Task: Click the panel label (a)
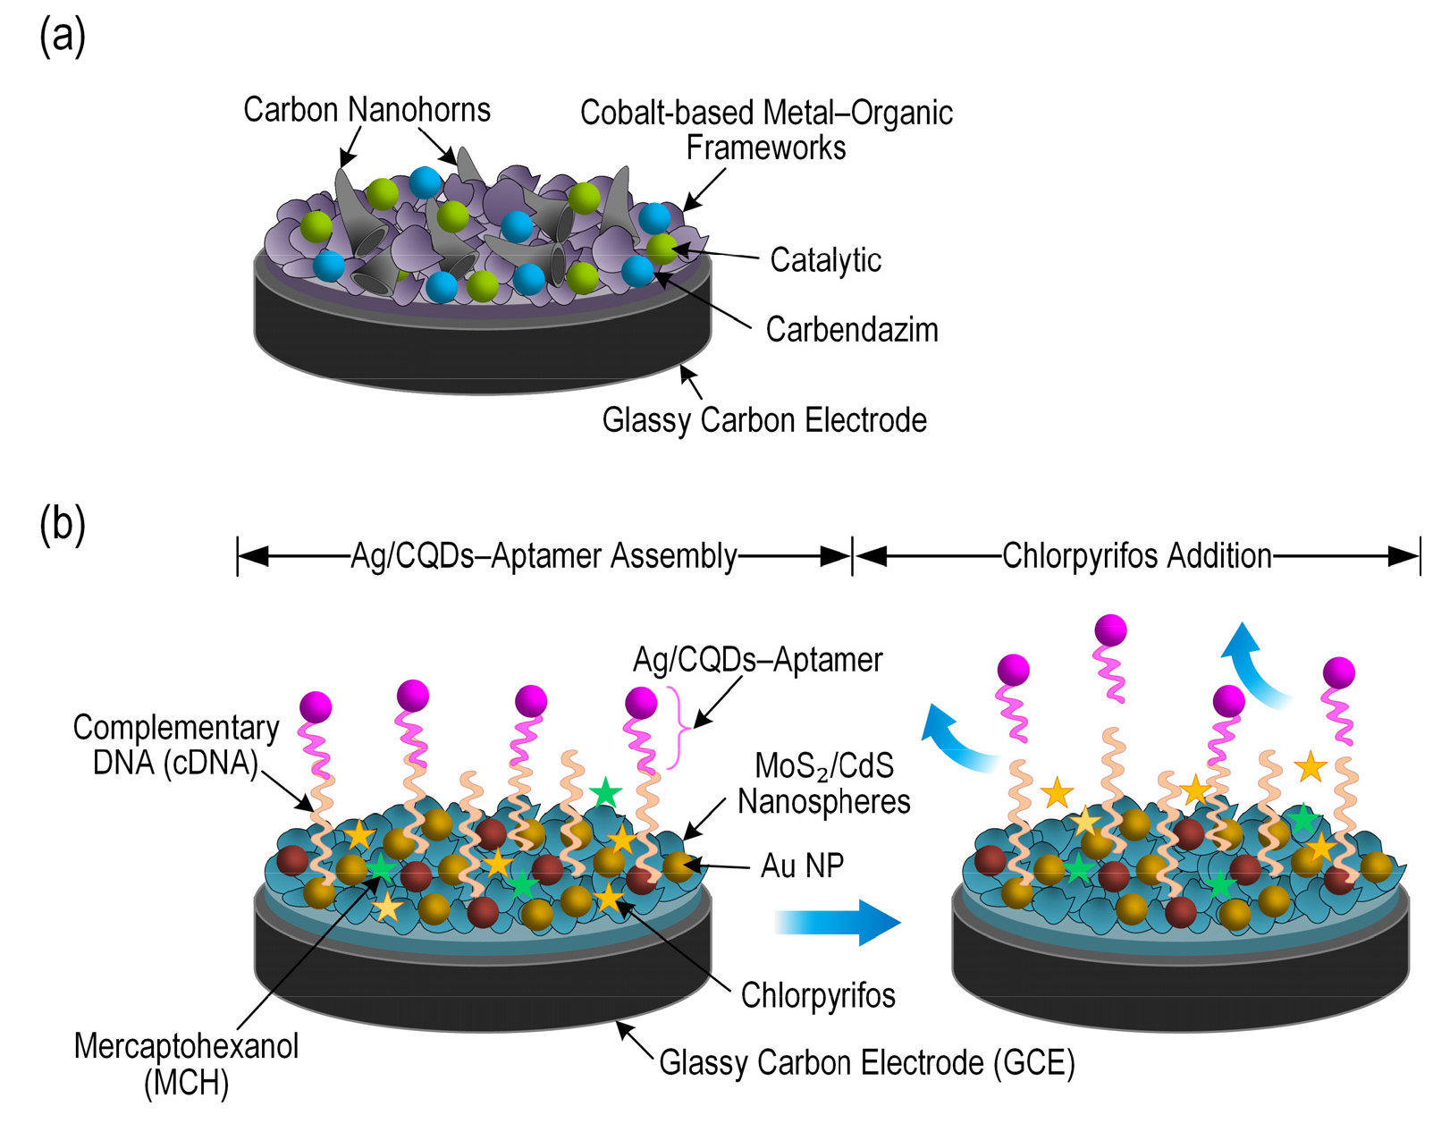[x=63, y=38]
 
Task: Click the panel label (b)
[x=63, y=526]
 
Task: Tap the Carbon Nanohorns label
[x=367, y=109]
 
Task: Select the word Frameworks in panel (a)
[x=766, y=148]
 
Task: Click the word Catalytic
[x=826, y=260]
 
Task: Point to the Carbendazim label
[x=852, y=330]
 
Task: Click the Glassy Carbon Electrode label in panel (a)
[x=764, y=420]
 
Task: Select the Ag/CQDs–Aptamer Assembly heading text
[x=544, y=555]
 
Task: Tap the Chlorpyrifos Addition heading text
[x=1137, y=555]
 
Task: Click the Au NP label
[x=802, y=866]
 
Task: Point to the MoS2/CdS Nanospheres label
[x=823, y=783]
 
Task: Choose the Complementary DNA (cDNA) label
[x=176, y=745]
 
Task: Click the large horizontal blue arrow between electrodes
[x=838, y=923]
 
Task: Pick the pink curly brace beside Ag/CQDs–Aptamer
[x=682, y=728]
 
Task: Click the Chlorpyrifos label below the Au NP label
[x=818, y=995]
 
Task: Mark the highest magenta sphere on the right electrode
[x=1110, y=629]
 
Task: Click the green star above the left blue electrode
[x=605, y=793]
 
